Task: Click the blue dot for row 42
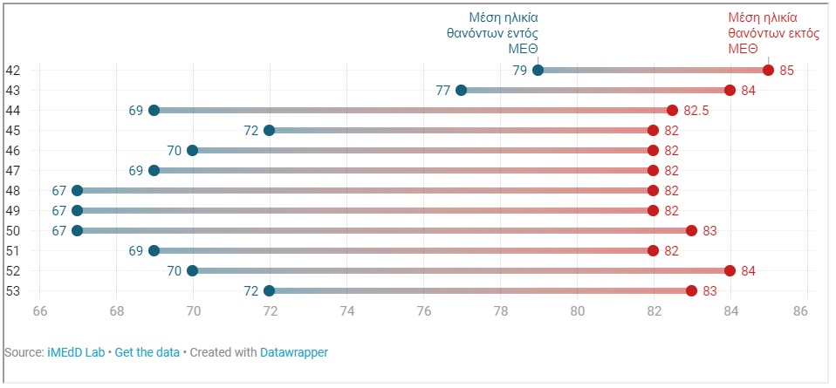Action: [538, 71]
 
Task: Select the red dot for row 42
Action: [768, 71]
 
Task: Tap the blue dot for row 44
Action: [154, 111]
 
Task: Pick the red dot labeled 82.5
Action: [672, 111]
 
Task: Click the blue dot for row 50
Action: [78, 231]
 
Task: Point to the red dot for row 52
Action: [730, 271]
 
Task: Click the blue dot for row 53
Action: [269, 291]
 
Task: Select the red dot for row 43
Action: [730, 91]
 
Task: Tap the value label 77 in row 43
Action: [443, 91]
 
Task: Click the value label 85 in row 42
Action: [786, 71]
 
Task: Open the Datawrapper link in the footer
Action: [294, 352]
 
